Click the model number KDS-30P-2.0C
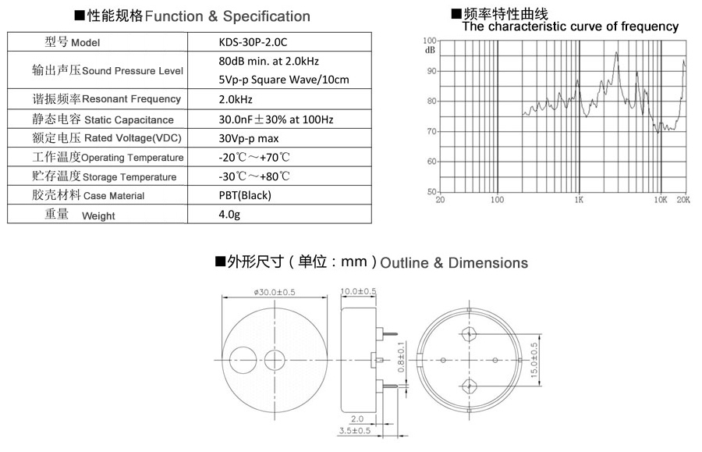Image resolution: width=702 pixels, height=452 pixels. point(253,42)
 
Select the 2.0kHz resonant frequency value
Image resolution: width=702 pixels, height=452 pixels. point(236,99)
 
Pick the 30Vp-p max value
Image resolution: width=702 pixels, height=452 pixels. point(249,138)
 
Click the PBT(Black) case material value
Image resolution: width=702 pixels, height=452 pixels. point(245,195)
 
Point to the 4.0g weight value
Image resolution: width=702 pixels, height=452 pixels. point(229,215)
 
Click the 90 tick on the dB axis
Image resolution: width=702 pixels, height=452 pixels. point(431,71)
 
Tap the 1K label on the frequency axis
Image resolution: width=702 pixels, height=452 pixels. point(579,200)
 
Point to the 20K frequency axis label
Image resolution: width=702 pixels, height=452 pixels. point(683,200)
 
